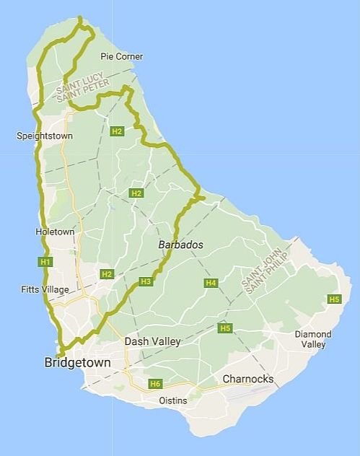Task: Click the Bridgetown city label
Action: coord(77,363)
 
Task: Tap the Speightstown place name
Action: coord(44,136)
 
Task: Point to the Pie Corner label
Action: coord(122,56)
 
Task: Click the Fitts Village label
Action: coord(45,289)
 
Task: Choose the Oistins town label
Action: coord(172,400)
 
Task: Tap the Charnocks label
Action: coord(247,379)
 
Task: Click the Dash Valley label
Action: coord(152,341)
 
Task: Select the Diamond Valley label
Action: coord(313,339)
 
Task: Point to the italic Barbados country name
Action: coord(180,245)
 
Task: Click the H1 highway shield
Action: coord(45,261)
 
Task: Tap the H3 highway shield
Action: coord(146,281)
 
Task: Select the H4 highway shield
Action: coord(211,283)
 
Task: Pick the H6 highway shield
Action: coord(155,384)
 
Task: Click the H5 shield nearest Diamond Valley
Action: coord(334,299)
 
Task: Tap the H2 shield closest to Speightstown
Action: coord(117,131)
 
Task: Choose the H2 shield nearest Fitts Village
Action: coord(107,274)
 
